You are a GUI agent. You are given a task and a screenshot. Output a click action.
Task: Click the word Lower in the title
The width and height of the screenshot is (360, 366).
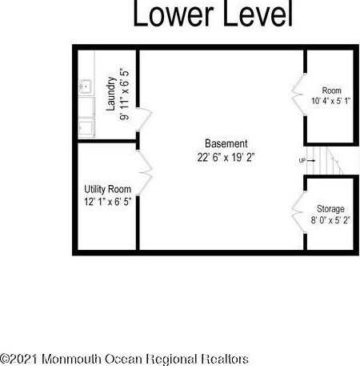[174, 14]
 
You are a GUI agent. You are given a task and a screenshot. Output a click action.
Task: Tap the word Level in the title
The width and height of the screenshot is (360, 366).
[258, 14]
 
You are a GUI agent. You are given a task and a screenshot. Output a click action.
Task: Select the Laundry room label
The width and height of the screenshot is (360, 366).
[111, 94]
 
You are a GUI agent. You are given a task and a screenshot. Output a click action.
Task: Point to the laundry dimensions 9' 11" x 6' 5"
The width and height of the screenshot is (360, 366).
[124, 95]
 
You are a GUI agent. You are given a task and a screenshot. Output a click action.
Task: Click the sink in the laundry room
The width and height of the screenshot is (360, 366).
[86, 86]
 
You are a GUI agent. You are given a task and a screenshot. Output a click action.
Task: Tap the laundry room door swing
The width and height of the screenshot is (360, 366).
[144, 119]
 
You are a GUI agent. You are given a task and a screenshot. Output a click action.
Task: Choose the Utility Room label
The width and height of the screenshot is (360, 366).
[108, 189]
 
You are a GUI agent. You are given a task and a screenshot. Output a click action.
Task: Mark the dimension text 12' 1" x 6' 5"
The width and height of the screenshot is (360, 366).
[108, 202]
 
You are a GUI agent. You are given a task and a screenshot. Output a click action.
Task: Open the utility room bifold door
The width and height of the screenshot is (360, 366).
[144, 172]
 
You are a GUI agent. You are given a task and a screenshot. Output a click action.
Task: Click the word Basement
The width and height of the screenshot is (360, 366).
[226, 143]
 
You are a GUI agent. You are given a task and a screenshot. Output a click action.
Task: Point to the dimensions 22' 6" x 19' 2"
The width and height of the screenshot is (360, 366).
[226, 157]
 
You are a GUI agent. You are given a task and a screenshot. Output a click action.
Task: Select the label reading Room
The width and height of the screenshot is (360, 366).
[332, 90]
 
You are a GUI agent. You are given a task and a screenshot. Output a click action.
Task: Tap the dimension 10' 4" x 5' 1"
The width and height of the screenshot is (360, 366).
[330, 101]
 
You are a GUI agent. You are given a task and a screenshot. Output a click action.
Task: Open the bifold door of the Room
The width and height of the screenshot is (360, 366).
[298, 95]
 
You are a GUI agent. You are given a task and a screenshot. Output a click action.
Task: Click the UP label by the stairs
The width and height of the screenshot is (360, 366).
[302, 161]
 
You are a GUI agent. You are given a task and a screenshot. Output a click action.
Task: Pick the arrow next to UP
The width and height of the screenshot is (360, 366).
[311, 161]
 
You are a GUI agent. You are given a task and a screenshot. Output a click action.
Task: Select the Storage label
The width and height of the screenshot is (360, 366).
[330, 209]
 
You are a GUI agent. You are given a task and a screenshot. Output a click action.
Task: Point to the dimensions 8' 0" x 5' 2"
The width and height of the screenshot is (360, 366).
[330, 220]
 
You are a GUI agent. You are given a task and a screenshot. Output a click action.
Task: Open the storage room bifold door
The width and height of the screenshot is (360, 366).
[298, 212]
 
